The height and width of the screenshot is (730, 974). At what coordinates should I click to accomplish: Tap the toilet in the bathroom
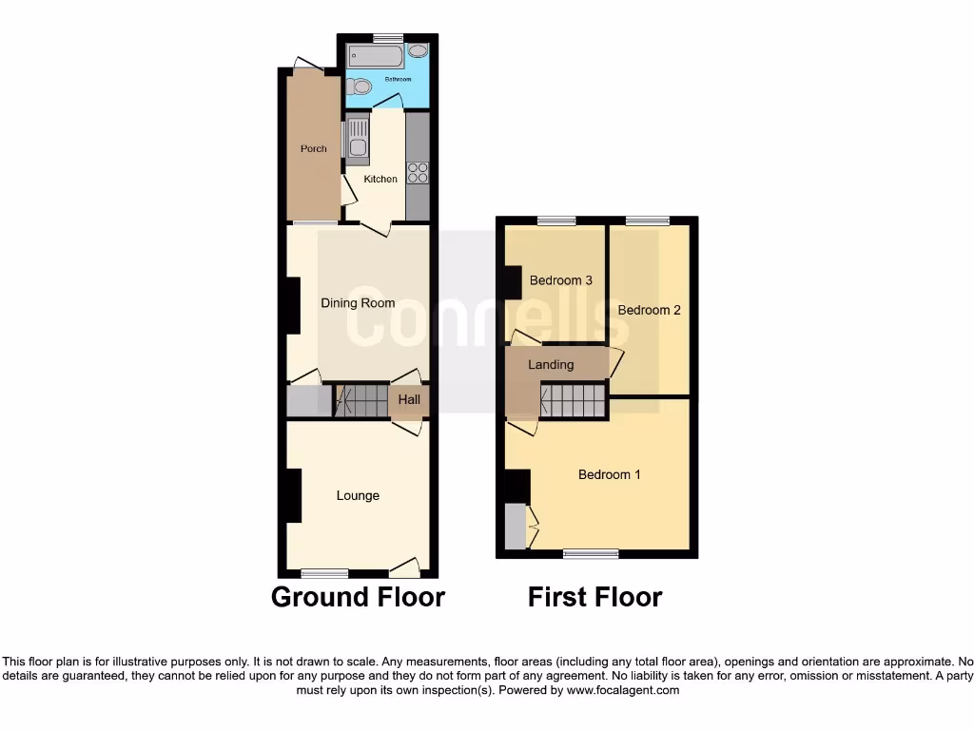point(355,86)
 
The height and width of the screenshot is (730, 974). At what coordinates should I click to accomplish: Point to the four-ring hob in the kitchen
point(418,172)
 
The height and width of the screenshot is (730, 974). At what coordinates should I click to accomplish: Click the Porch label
point(314,149)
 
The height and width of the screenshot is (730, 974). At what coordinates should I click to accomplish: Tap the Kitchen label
point(380,180)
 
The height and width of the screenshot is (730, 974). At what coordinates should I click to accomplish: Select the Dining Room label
point(358,303)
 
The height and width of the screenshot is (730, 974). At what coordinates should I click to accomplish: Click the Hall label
point(409,400)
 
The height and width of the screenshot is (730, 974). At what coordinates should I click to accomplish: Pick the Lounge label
point(358,495)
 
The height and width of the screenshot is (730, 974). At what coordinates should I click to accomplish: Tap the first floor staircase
point(574,400)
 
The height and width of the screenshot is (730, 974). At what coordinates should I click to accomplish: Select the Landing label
point(551,365)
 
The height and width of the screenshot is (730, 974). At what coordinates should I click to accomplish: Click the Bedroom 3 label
point(561,280)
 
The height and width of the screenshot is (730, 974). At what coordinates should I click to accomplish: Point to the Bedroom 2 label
point(650,310)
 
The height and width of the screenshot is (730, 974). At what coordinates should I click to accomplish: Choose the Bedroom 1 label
point(610,474)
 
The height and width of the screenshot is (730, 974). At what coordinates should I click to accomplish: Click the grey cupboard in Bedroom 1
point(515,527)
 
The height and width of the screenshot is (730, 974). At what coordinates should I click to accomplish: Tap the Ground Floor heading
point(358,597)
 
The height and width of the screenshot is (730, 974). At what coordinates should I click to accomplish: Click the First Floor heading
point(595,597)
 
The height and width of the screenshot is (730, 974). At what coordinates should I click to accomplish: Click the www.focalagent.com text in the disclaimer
point(622,691)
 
